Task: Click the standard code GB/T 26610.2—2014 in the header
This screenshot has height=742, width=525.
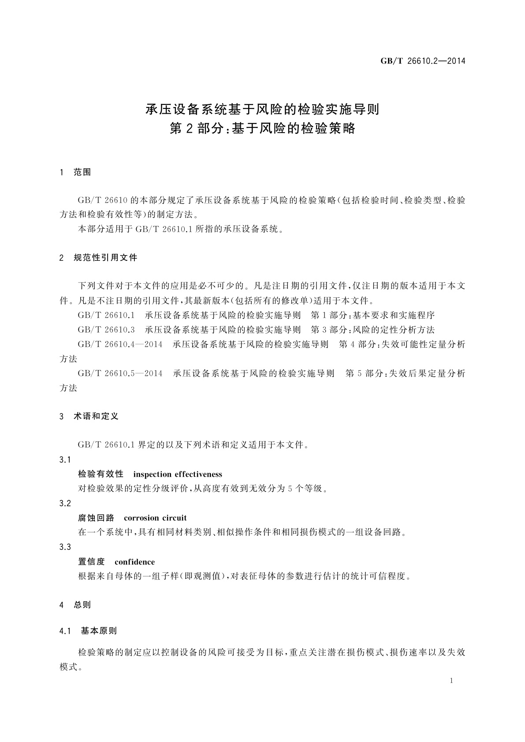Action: click(x=423, y=61)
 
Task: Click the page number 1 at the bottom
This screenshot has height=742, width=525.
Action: click(x=451, y=681)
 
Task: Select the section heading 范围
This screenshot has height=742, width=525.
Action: click(x=82, y=172)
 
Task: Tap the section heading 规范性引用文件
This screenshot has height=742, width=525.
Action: click(x=105, y=258)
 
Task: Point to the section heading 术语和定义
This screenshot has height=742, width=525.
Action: click(x=96, y=416)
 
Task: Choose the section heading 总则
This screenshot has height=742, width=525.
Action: click(x=82, y=605)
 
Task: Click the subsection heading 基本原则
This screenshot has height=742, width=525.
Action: click(x=99, y=631)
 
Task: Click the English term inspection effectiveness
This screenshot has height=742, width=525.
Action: click(x=177, y=475)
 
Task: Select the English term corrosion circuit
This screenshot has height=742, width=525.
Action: click(x=155, y=518)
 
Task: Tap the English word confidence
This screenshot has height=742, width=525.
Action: click(x=134, y=562)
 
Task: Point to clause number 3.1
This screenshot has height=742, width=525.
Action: click(x=65, y=460)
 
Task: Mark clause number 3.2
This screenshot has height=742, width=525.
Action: click(x=65, y=504)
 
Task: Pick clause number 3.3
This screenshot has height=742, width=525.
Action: click(x=65, y=547)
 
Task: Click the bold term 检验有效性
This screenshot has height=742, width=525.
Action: click(x=101, y=475)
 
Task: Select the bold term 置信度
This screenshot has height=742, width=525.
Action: click(x=91, y=562)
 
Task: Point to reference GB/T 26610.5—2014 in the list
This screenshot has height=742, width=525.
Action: click(x=120, y=374)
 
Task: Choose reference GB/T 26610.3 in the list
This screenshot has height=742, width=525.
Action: click(x=106, y=330)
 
